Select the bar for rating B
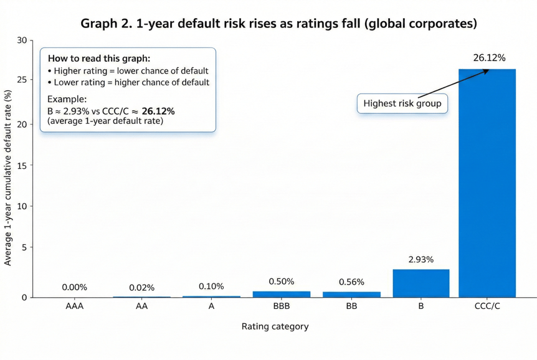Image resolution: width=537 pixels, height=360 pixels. click(x=421, y=283)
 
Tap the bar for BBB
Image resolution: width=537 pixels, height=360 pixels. click(x=282, y=294)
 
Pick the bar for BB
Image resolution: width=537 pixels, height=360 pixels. click(x=351, y=294)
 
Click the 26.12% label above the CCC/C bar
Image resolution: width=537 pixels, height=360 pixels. click(x=489, y=58)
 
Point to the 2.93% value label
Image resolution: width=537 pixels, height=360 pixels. click(x=421, y=260)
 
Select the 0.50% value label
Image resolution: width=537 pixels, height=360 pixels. click(x=282, y=282)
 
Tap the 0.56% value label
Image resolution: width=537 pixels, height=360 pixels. click(x=351, y=282)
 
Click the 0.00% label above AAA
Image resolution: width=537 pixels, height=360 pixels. click(x=75, y=287)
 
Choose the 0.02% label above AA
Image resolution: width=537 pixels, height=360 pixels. click(x=141, y=288)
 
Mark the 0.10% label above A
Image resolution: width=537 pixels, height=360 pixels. click(x=211, y=287)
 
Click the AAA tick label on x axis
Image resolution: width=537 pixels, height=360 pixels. click(x=75, y=306)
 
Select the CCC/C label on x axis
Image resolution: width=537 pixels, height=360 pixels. click(x=487, y=306)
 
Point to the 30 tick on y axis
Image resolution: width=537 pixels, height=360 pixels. click(x=22, y=40)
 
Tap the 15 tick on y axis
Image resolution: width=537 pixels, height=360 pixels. click(x=22, y=165)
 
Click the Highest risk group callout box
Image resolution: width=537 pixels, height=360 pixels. click(x=402, y=103)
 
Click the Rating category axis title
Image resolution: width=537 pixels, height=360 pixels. click(x=275, y=326)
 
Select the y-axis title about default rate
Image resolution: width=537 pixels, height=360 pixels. click(x=8, y=178)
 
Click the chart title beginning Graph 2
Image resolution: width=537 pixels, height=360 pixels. click(x=278, y=24)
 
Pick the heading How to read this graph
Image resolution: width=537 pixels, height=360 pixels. click(x=99, y=58)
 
